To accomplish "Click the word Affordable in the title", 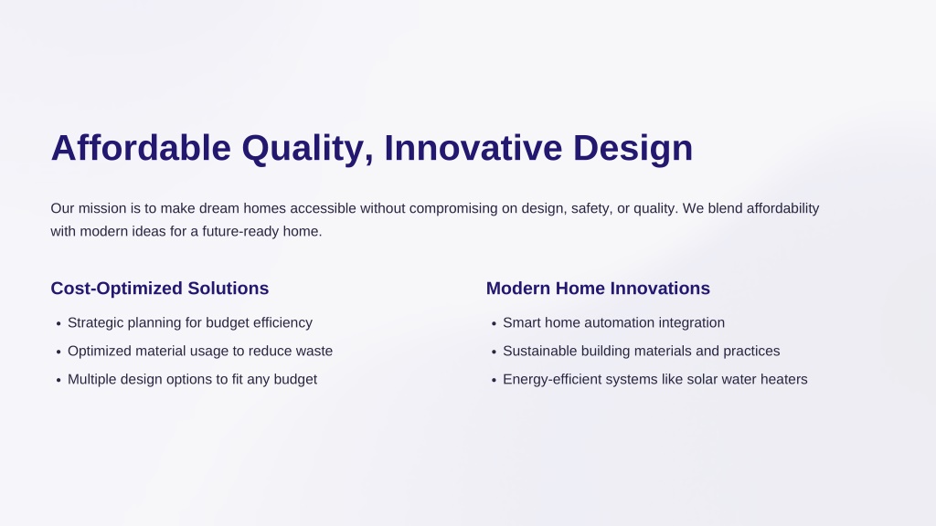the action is click(x=141, y=148).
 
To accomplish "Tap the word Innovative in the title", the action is click(x=473, y=148).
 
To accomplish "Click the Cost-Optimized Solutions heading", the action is click(x=159, y=289).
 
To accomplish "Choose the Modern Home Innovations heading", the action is click(x=598, y=289).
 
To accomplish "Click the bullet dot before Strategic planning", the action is click(x=58, y=324).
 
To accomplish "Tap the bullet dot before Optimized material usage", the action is click(x=58, y=352).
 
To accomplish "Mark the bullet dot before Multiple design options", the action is click(x=58, y=381).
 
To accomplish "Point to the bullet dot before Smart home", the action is click(x=494, y=324).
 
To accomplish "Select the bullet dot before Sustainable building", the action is click(x=494, y=352).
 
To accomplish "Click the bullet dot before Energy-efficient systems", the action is click(x=494, y=381).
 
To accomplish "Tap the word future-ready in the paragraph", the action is click(x=240, y=231).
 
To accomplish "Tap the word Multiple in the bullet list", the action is click(x=92, y=380).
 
